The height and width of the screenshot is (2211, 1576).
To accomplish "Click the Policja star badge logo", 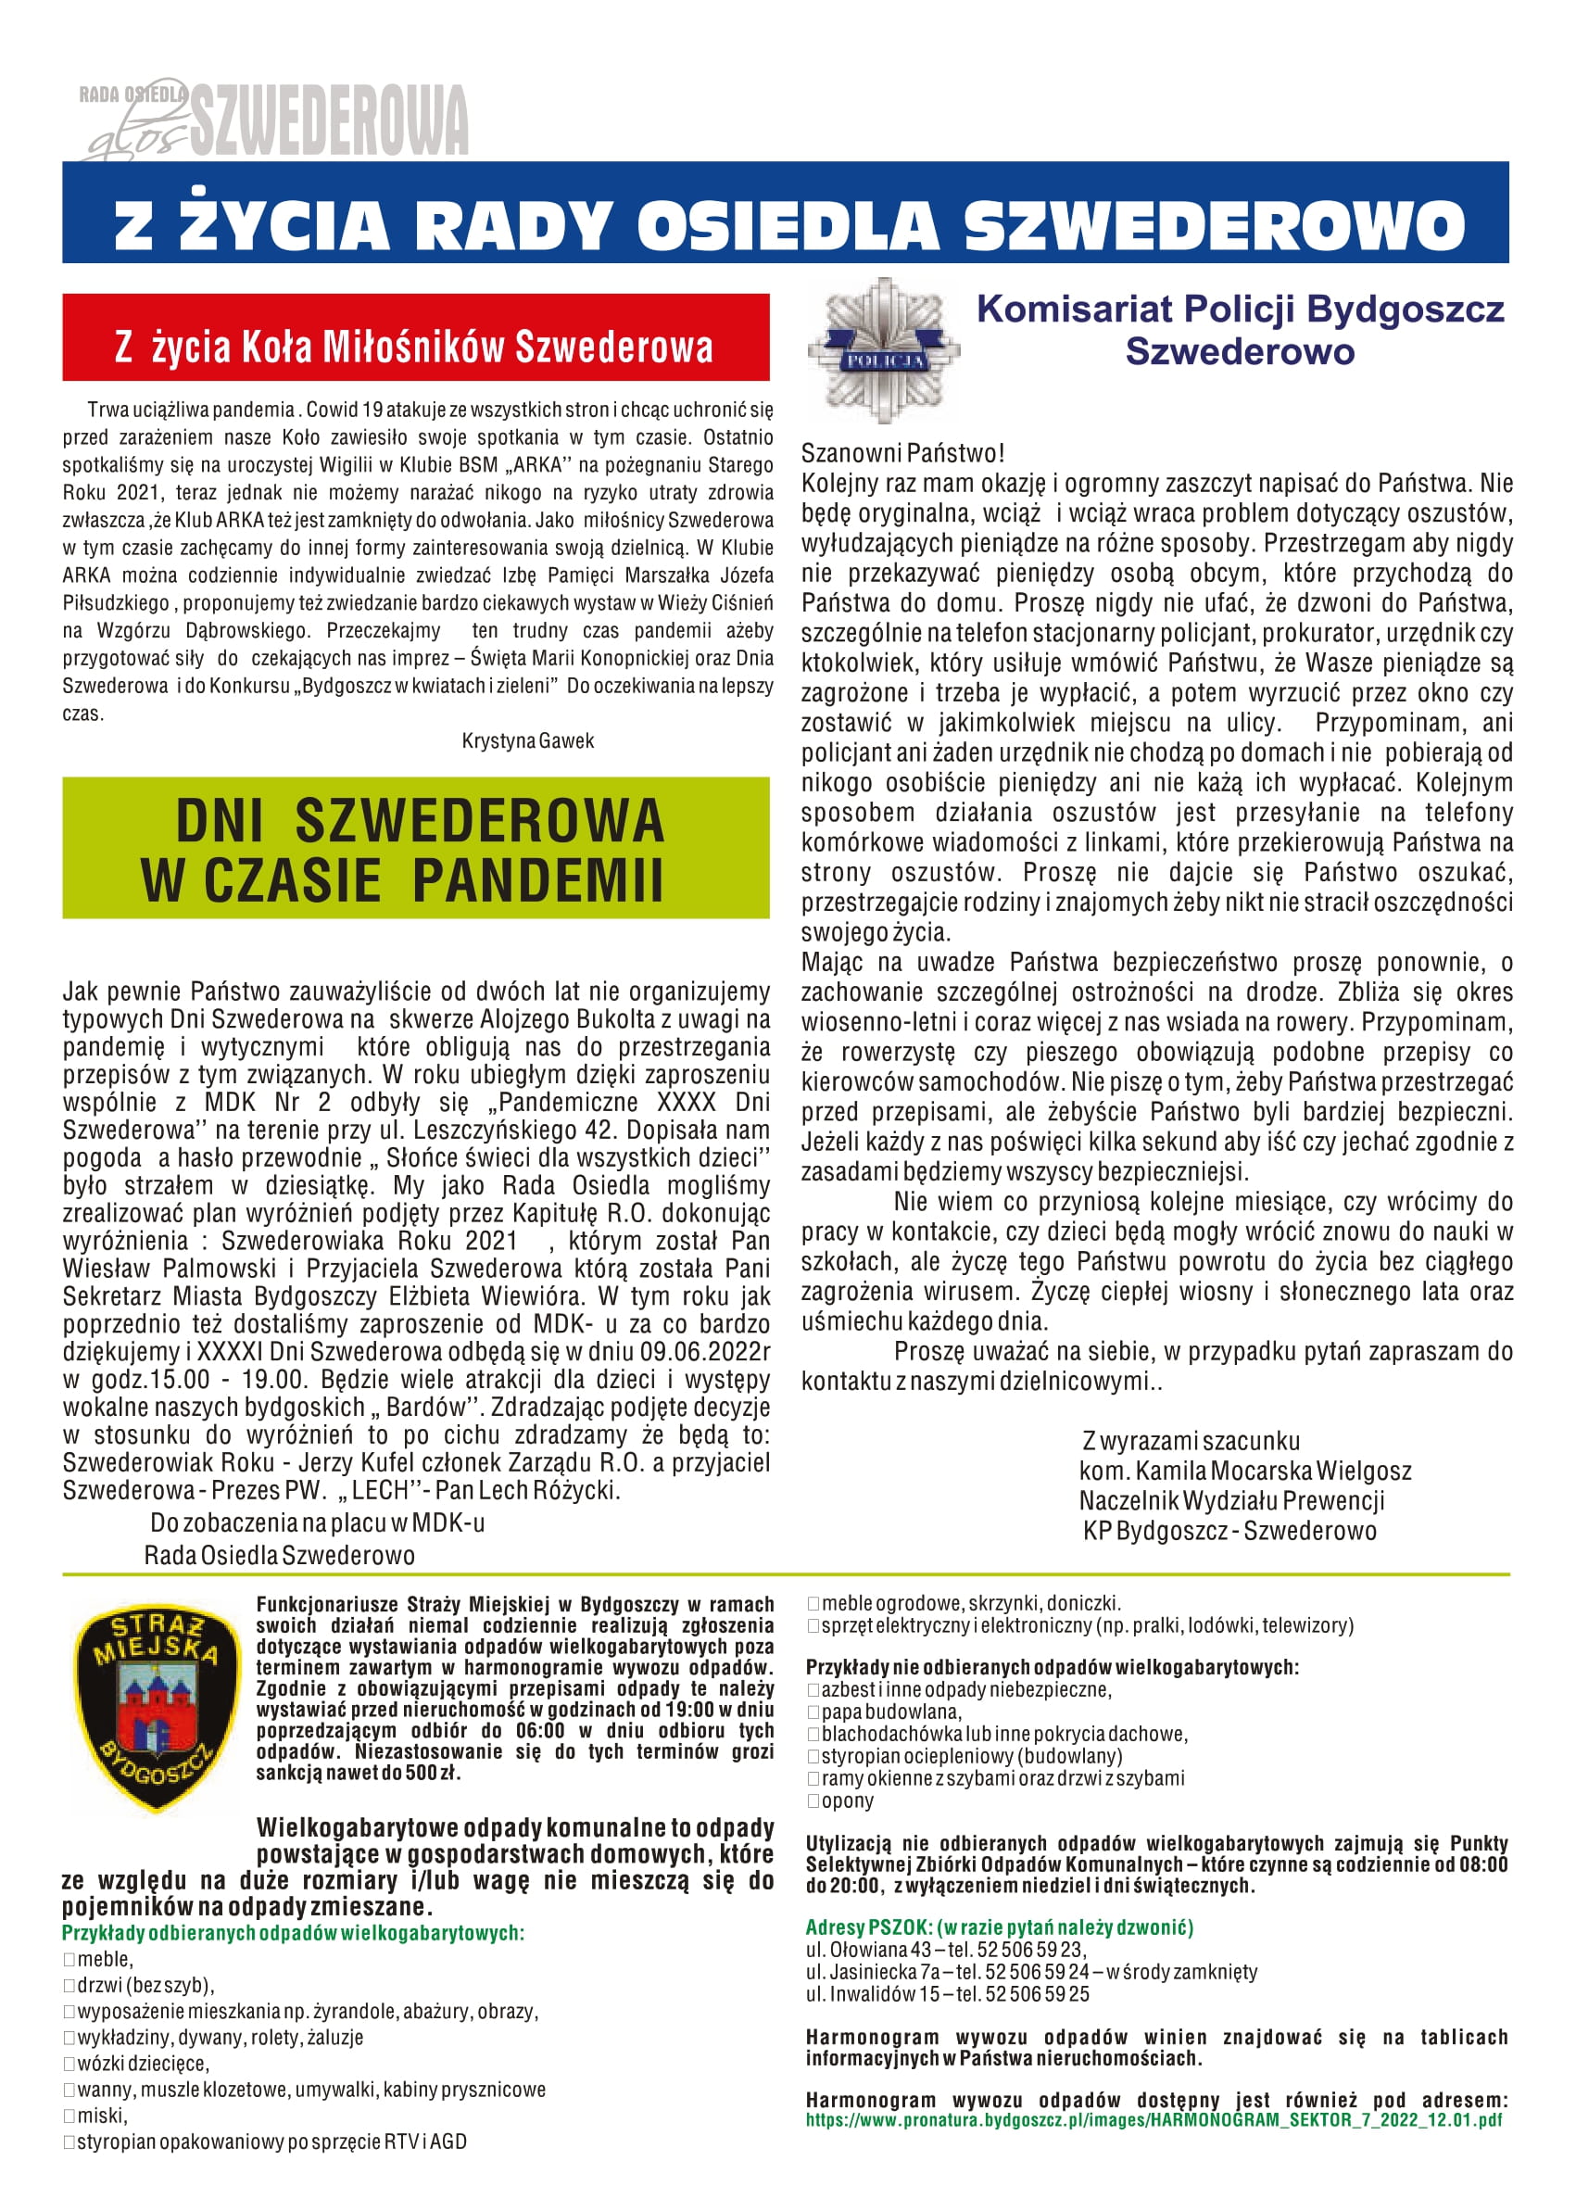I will click(x=882, y=351).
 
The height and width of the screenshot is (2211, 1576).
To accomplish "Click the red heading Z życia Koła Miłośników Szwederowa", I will click(x=415, y=347).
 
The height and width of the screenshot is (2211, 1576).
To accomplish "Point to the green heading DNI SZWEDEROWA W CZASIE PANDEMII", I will click(x=415, y=849).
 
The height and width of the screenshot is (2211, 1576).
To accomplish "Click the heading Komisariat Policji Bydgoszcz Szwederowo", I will click(x=1240, y=330).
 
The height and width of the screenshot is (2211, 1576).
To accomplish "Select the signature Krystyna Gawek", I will click(x=528, y=741).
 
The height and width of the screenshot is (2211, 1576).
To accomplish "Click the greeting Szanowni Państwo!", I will click(x=902, y=452).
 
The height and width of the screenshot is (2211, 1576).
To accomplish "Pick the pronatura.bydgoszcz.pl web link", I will click(x=1154, y=2120).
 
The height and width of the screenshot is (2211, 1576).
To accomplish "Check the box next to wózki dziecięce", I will click(x=69, y=2064).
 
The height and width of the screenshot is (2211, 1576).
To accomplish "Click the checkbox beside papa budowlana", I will click(x=813, y=1712).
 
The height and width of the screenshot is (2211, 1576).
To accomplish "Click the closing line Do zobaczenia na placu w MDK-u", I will click(x=318, y=1522).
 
